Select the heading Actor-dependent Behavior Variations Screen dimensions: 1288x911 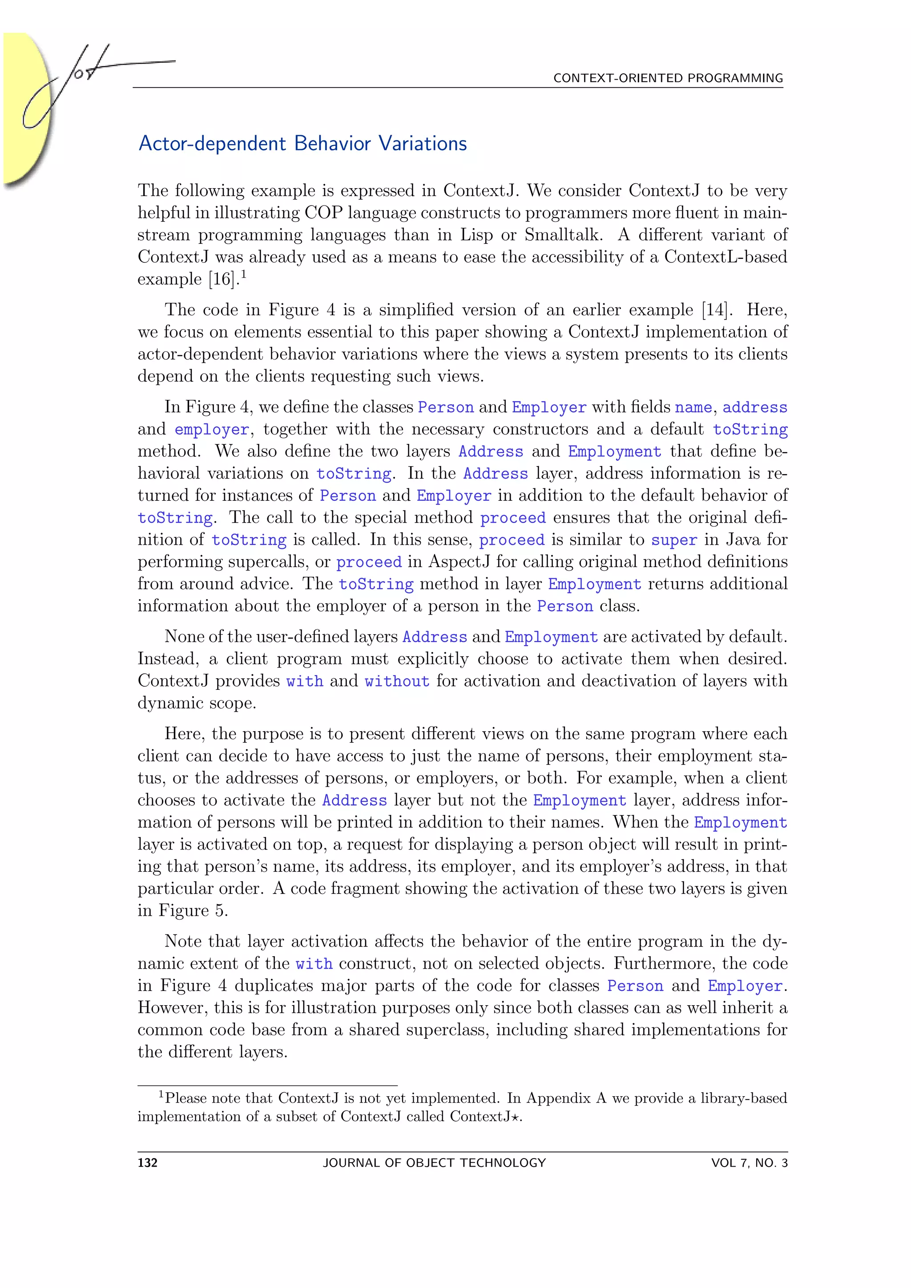coord(302,144)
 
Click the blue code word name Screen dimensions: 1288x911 coord(693,408)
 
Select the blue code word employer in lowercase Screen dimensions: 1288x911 coord(211,430)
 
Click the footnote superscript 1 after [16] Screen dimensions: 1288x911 coord(244,274)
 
